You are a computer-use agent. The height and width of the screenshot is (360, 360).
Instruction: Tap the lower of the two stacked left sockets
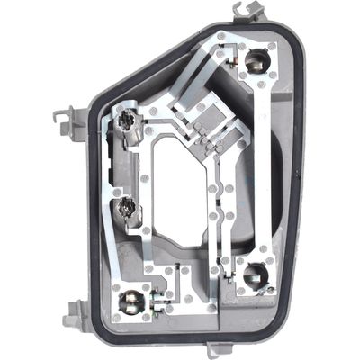(127, 208)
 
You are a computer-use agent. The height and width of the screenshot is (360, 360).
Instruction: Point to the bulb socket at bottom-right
(256, 274)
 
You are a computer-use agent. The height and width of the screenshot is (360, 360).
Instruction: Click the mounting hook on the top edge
(248, 12)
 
